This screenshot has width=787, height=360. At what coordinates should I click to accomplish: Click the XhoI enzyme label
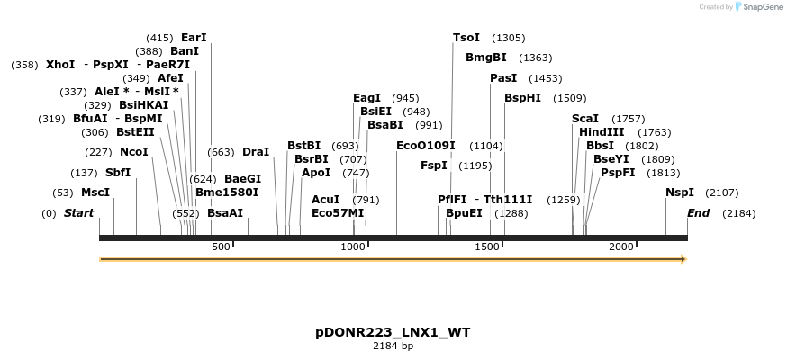coord(60,65)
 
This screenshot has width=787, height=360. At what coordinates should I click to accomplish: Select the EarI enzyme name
coord(194,38)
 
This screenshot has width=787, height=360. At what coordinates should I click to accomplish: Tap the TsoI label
coord(466,38)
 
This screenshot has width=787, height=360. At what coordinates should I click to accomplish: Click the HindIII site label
coord(602,132)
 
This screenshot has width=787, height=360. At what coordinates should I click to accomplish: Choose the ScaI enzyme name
coord(585,119)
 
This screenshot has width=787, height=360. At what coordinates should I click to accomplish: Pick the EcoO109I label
coord(426,146)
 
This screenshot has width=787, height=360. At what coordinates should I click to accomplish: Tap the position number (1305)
coord(508,38)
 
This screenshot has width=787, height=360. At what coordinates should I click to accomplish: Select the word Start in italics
coord(78,213)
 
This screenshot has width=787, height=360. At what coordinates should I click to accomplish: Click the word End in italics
coord(698,213)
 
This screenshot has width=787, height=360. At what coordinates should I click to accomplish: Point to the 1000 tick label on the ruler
coord(354,247)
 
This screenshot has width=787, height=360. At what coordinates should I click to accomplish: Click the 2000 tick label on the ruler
coord(621,247)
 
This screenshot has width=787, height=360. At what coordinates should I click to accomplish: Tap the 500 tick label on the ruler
coord(221,247)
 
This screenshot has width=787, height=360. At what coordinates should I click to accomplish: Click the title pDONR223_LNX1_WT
coord(393,332)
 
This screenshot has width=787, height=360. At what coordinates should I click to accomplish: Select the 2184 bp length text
coord(393,346)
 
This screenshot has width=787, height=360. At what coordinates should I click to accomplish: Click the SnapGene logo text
coord(760,7)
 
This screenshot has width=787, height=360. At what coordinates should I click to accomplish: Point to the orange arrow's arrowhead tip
coord(685,259)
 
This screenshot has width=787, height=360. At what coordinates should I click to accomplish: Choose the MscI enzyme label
coord(95,193)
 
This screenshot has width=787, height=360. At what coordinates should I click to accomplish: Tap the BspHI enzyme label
coord(522,98)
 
